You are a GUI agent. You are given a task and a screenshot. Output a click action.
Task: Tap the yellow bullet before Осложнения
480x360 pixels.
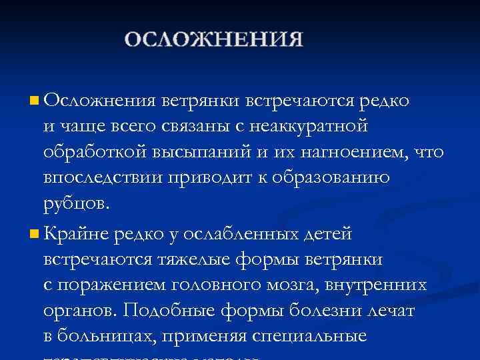click(34, 101)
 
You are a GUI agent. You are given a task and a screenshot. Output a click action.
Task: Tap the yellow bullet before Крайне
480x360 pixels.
click(34, 234)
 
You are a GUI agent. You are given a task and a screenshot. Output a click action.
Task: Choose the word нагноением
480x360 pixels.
click(346, 153)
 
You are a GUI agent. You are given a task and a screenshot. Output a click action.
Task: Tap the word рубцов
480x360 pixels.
click(73, 204)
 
